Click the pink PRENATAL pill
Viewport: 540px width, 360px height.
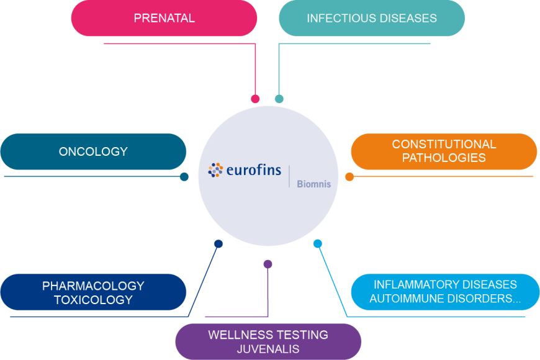click(164, 18)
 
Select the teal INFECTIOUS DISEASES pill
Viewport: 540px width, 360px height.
click(372, 18)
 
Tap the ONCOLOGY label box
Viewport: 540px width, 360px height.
click(93, 151)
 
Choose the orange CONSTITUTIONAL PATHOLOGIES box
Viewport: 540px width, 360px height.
click(444, 151)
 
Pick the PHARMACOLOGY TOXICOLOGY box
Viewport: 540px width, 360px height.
click(93, 292)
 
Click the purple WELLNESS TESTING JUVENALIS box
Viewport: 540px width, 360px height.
click(268, 342)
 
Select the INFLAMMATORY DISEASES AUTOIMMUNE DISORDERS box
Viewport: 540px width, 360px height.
click(445, 292)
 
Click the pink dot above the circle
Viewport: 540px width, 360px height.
click(255, 99)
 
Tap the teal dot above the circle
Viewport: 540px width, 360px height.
click(279, 99)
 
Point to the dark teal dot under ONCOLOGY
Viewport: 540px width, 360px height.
click(184, 177)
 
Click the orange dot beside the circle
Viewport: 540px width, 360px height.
click(349, 177)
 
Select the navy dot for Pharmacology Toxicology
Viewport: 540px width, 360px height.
click(218, 244)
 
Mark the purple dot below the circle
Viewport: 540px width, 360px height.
click(268, 264)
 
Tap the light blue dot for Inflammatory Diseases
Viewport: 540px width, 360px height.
click(318, 244)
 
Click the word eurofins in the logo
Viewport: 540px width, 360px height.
click(253, 170)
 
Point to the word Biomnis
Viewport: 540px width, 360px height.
click(313, 184)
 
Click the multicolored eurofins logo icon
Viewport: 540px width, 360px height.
click(215, 170)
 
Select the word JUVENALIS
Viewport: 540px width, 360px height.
click(268, 349)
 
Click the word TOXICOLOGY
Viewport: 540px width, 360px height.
click(93, 300)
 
